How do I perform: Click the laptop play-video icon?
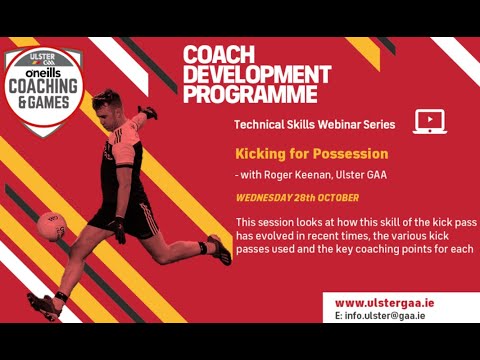click(x=428, y=122)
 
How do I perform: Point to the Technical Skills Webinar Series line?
click(x=307, y=125)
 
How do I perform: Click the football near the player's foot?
click(x=51, y=226)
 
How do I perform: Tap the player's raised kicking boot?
click(x=219, y=250)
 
